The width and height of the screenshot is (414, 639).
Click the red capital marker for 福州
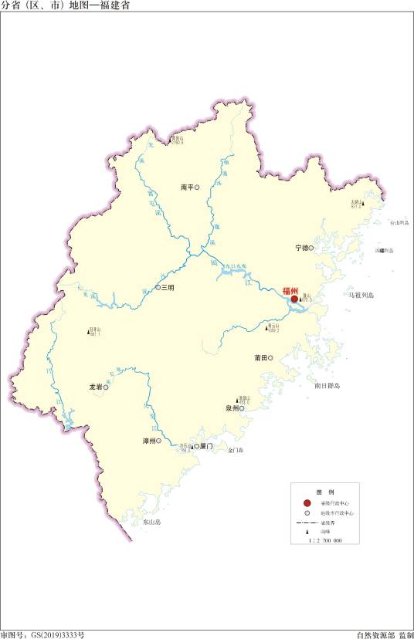294,300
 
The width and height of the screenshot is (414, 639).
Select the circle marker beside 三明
158,287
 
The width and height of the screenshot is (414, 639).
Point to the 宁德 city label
301,248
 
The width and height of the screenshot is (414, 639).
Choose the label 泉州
232,408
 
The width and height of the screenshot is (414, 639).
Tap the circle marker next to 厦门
196,446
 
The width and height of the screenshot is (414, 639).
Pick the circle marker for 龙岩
106,388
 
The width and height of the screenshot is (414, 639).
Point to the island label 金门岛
236,451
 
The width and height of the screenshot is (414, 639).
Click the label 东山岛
151,522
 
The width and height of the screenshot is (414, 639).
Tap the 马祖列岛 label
361,296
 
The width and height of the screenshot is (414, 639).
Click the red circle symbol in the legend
307,502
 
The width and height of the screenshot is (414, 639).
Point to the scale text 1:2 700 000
324,543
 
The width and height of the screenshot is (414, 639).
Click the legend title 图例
324,492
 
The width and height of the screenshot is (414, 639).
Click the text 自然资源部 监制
385,634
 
